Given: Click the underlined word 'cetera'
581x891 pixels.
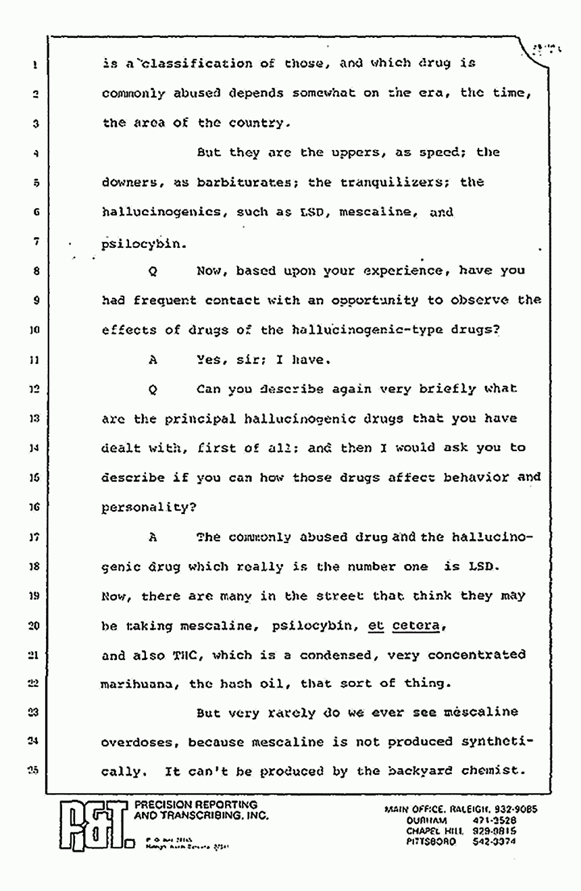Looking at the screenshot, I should click(x=415, y=626).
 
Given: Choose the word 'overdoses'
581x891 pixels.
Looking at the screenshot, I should click(x=140, y=742).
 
